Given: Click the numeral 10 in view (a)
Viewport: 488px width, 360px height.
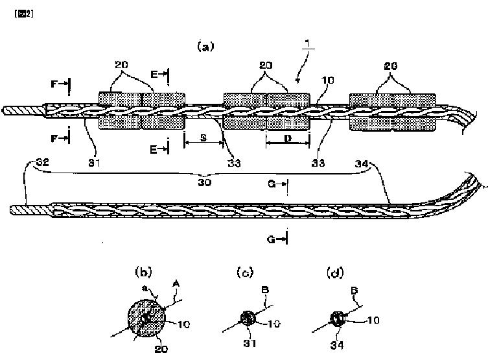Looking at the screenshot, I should tap(328, 80).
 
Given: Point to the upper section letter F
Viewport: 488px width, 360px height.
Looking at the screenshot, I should tap(56, 83).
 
